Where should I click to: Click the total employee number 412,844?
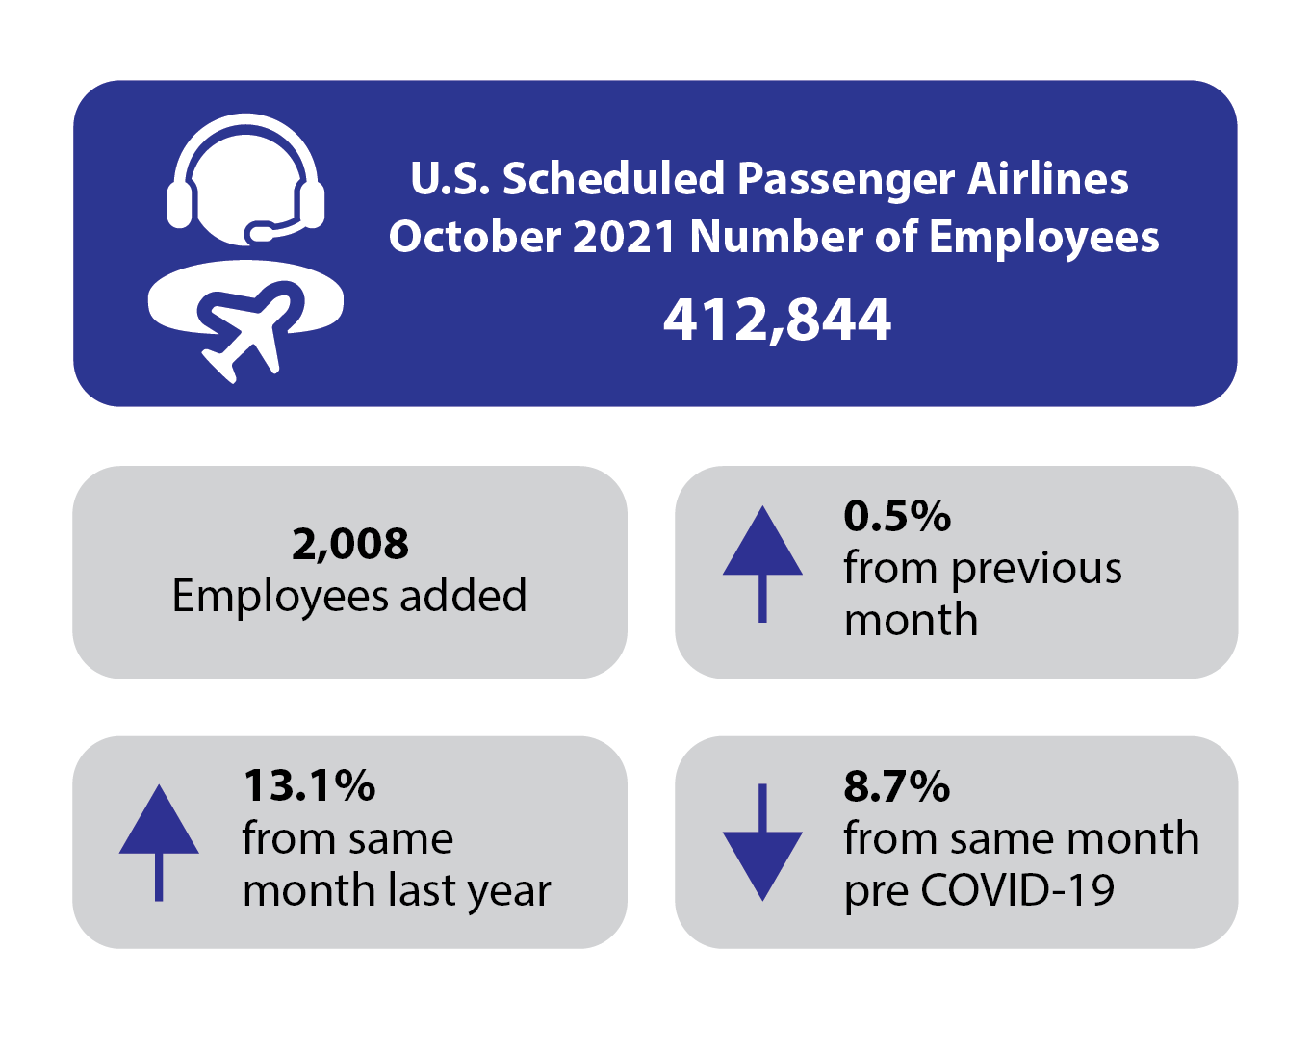click(x=777, y=320)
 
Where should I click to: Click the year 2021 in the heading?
click(x=625, y=237)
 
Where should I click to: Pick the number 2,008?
click(x=350, y=545)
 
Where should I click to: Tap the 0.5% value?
click(x=897, y=517)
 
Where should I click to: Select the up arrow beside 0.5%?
click(x=762, y=562)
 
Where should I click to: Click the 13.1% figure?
click(x=309, y=786)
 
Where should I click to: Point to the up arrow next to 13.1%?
click(x=159, y=841)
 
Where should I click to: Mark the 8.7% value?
click(x=897, y=787)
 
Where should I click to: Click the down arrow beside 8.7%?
click(x=762, y=843)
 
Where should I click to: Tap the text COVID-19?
click(x=1017, y=890)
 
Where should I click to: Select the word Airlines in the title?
click(x=1047, y=179)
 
